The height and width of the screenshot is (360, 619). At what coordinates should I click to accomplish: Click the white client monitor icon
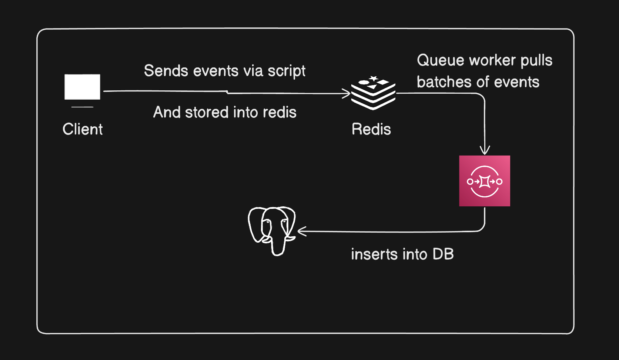point(82,87)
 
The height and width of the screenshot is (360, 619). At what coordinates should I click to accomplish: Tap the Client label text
point(83,129)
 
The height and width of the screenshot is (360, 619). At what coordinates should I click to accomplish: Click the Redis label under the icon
point(371,129)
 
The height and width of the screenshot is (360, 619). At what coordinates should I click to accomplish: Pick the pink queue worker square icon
point(485,181)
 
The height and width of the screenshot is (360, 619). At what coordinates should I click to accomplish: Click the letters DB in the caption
point(443,254)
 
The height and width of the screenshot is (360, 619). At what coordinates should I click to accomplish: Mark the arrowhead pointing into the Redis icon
point(347,94)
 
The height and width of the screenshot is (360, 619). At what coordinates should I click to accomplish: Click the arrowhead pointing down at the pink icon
point(485,150)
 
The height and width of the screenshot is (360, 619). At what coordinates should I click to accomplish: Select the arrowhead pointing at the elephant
point(301,232)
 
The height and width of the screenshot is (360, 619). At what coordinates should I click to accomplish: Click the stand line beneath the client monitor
point(82,107)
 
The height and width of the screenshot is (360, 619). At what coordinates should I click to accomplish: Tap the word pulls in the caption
point(536,61)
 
